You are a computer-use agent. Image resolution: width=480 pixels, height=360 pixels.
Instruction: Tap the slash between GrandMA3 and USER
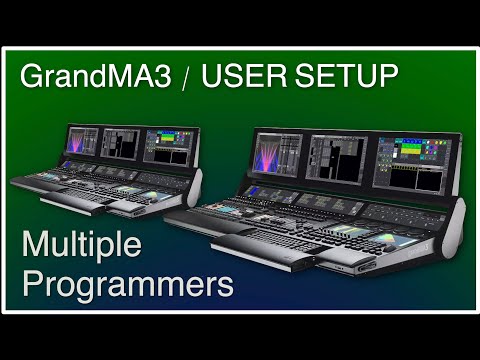pos(185,78)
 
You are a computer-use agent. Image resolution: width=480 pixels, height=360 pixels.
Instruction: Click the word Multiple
pos(82,246)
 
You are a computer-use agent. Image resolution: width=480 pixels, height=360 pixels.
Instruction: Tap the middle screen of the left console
pos(122,143)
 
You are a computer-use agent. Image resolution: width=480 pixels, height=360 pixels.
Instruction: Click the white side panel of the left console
pos(194,186)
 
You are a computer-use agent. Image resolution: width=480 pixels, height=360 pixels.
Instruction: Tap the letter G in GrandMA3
pos(32,76)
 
